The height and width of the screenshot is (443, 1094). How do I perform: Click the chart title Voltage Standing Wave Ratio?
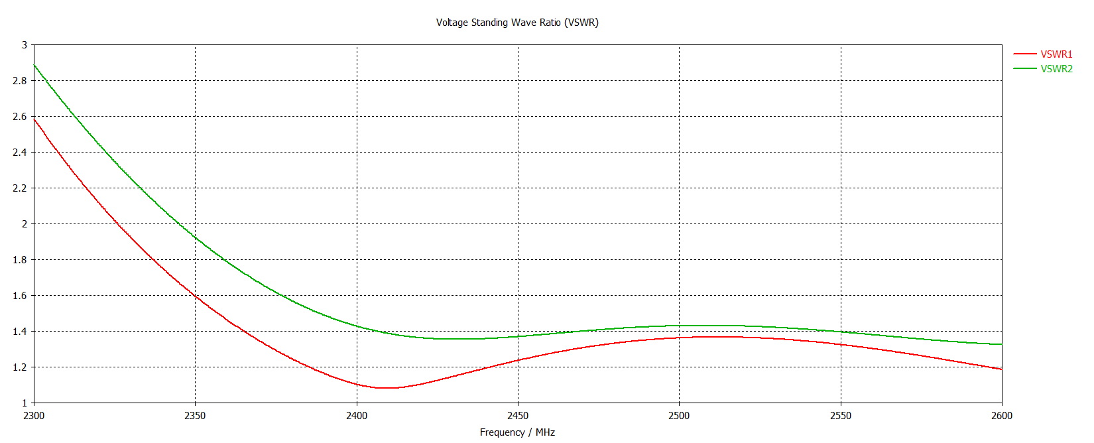point(517,23)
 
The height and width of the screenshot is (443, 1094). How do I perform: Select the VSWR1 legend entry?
point(1056,54)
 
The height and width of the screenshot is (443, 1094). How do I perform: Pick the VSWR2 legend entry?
point(1056,69)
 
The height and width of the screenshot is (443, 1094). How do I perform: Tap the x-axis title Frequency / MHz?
point(517,432)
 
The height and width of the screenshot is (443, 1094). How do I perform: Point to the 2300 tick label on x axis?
point(34,416)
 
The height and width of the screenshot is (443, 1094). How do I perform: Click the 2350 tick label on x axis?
point(195,416)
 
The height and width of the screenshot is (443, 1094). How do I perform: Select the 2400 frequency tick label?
point(357,416)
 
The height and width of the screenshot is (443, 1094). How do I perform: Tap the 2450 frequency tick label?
point(518,416)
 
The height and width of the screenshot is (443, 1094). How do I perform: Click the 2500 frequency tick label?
point(679,416)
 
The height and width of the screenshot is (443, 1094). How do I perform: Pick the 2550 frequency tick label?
point(841,416)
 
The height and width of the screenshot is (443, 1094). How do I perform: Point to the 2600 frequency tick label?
point(1002,416)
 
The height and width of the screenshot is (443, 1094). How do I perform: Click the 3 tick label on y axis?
point(25,45)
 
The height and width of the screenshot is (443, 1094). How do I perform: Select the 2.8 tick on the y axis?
point(21,81)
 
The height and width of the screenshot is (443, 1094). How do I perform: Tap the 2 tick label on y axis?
point(25,224)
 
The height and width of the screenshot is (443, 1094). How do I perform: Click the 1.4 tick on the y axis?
point(21,332)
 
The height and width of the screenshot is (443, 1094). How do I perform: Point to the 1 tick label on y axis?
point(25,403)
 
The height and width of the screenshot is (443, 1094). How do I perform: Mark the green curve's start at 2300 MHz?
point(34,65)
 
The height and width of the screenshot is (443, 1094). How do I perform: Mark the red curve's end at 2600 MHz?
point(1001,369)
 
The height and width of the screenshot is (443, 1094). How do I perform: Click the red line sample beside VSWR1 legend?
point(1024,54)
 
